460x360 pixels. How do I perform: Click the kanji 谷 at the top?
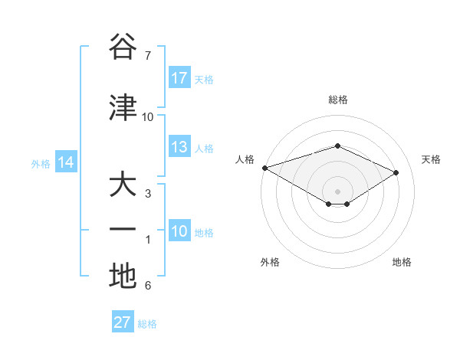point(123,47)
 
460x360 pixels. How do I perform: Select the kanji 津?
point(123,108)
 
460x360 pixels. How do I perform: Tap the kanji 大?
point(123,185)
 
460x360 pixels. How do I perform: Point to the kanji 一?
point(123,230)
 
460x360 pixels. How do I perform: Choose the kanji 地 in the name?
point(123,277)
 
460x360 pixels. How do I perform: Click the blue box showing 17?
point(179,78)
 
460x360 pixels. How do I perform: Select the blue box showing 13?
point(179,148)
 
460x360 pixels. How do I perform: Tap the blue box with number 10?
point(179,232)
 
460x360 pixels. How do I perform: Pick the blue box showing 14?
point(66,162)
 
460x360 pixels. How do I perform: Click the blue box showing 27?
point(123,322)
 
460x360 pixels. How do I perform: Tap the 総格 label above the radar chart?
point(337,100)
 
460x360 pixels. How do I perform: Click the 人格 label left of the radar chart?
point(245,159)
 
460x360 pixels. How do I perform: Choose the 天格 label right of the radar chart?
point(431,159)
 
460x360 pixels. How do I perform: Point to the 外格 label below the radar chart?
point(270,262)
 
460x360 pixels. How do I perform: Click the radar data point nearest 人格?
point(264,167)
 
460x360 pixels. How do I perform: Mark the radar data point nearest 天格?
point(396,172)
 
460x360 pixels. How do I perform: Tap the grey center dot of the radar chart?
point(337,190)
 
